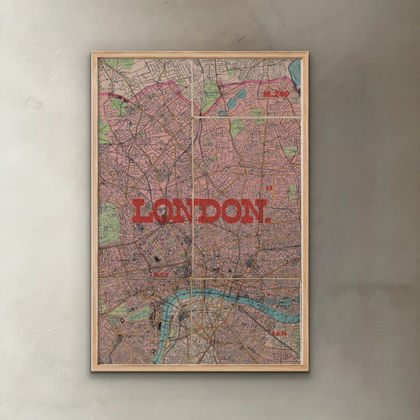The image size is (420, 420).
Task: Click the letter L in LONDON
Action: coord(142,211)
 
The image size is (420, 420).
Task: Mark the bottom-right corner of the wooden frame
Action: coord(307,370)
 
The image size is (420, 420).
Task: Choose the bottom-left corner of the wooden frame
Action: coord(93,370)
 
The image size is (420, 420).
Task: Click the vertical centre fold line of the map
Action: coord(192,158)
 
